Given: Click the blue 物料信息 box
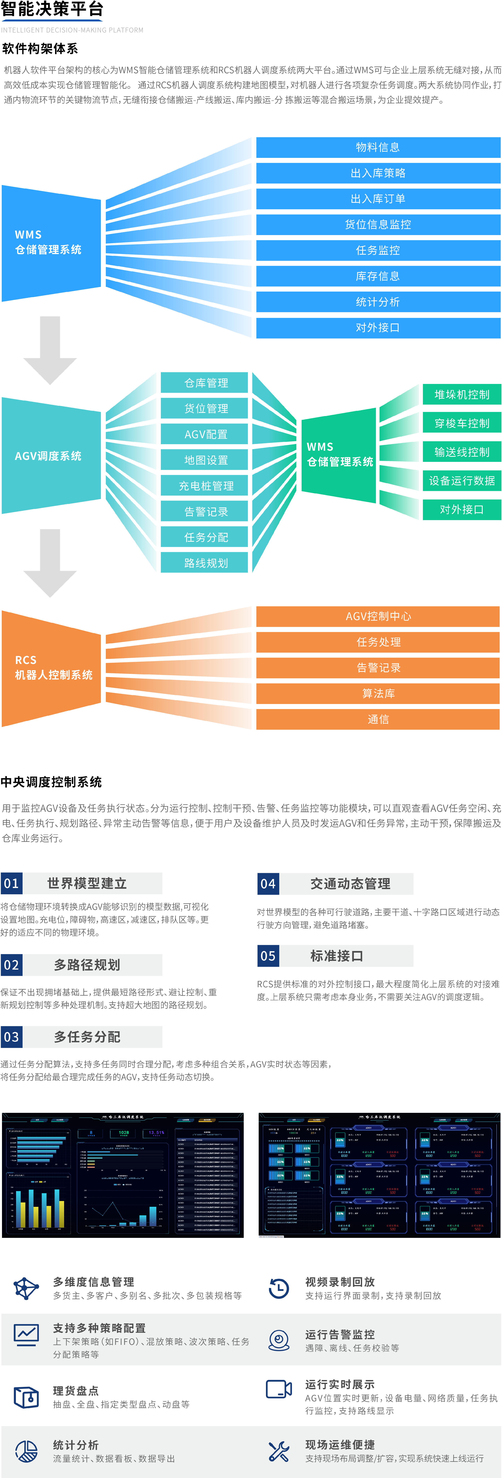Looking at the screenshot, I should pos(378,147).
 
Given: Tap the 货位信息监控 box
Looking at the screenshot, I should pos(378,224).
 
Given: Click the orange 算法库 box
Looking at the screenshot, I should pos(378,693).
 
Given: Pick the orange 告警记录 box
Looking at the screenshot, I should pos(378,667).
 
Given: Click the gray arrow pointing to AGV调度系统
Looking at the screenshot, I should pos(50,350).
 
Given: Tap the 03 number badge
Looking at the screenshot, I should pos(12,1037).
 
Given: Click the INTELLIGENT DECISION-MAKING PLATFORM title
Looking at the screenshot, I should pos(72,30).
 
